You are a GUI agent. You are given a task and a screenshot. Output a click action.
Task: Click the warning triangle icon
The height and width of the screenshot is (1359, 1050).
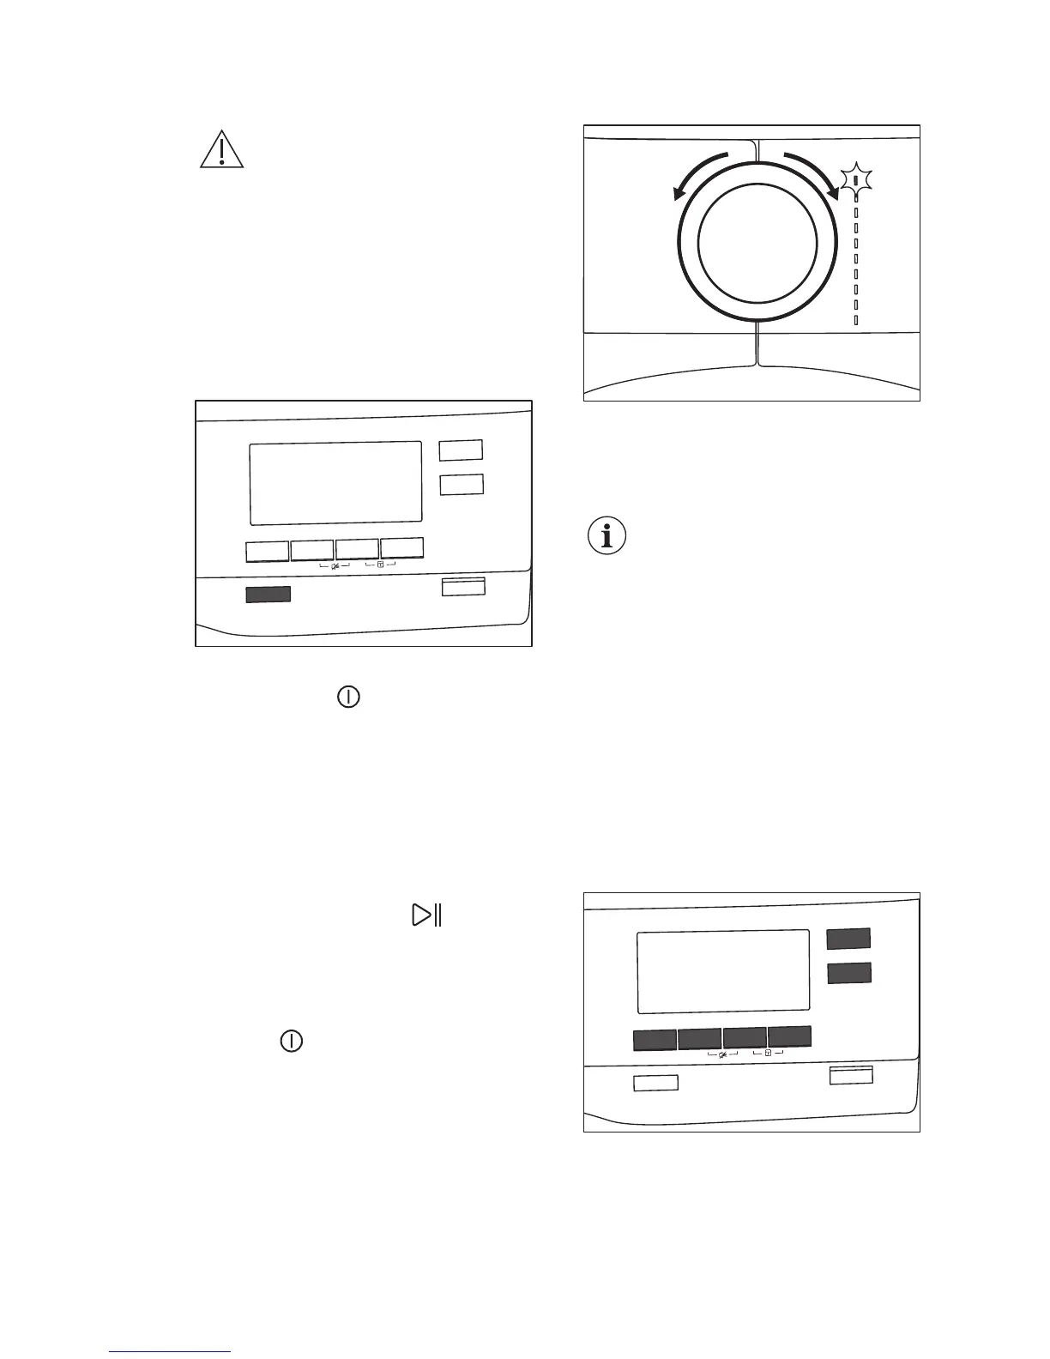point(221,150)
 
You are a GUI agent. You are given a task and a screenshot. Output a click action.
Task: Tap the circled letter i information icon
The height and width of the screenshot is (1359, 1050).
point(607,536)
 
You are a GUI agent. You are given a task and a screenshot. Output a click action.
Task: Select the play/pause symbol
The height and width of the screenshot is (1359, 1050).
point(426,915)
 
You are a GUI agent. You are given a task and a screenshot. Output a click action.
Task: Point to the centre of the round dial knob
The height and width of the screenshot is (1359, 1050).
point(757,242)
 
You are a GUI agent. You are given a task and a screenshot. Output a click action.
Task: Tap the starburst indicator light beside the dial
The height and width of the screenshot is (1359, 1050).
point(856,180)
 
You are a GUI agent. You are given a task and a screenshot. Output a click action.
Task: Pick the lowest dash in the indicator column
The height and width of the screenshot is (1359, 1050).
point(856,321)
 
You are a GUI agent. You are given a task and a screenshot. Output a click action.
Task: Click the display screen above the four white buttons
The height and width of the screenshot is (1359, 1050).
point(335,483)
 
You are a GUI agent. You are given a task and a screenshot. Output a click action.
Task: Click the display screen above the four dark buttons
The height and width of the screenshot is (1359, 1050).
point(723,971)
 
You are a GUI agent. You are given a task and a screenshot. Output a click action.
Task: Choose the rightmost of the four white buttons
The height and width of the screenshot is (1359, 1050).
point(402,549)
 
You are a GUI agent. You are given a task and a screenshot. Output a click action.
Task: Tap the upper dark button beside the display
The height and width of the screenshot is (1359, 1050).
point(848,939)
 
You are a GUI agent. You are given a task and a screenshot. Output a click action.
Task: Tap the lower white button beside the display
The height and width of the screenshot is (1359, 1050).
point(462,484)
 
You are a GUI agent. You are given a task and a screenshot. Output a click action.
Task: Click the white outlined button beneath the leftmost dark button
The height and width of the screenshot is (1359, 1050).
point(655,1083)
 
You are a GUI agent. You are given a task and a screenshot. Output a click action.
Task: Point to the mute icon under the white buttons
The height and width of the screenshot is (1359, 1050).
point(335,565)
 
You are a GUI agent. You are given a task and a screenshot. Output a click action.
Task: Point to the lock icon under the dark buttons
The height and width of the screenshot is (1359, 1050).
point(768,1053)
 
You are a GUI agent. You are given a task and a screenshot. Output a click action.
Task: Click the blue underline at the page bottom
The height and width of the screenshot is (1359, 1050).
point(171,1352)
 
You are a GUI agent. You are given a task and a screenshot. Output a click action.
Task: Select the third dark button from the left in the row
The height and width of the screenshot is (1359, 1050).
point(745,1038)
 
